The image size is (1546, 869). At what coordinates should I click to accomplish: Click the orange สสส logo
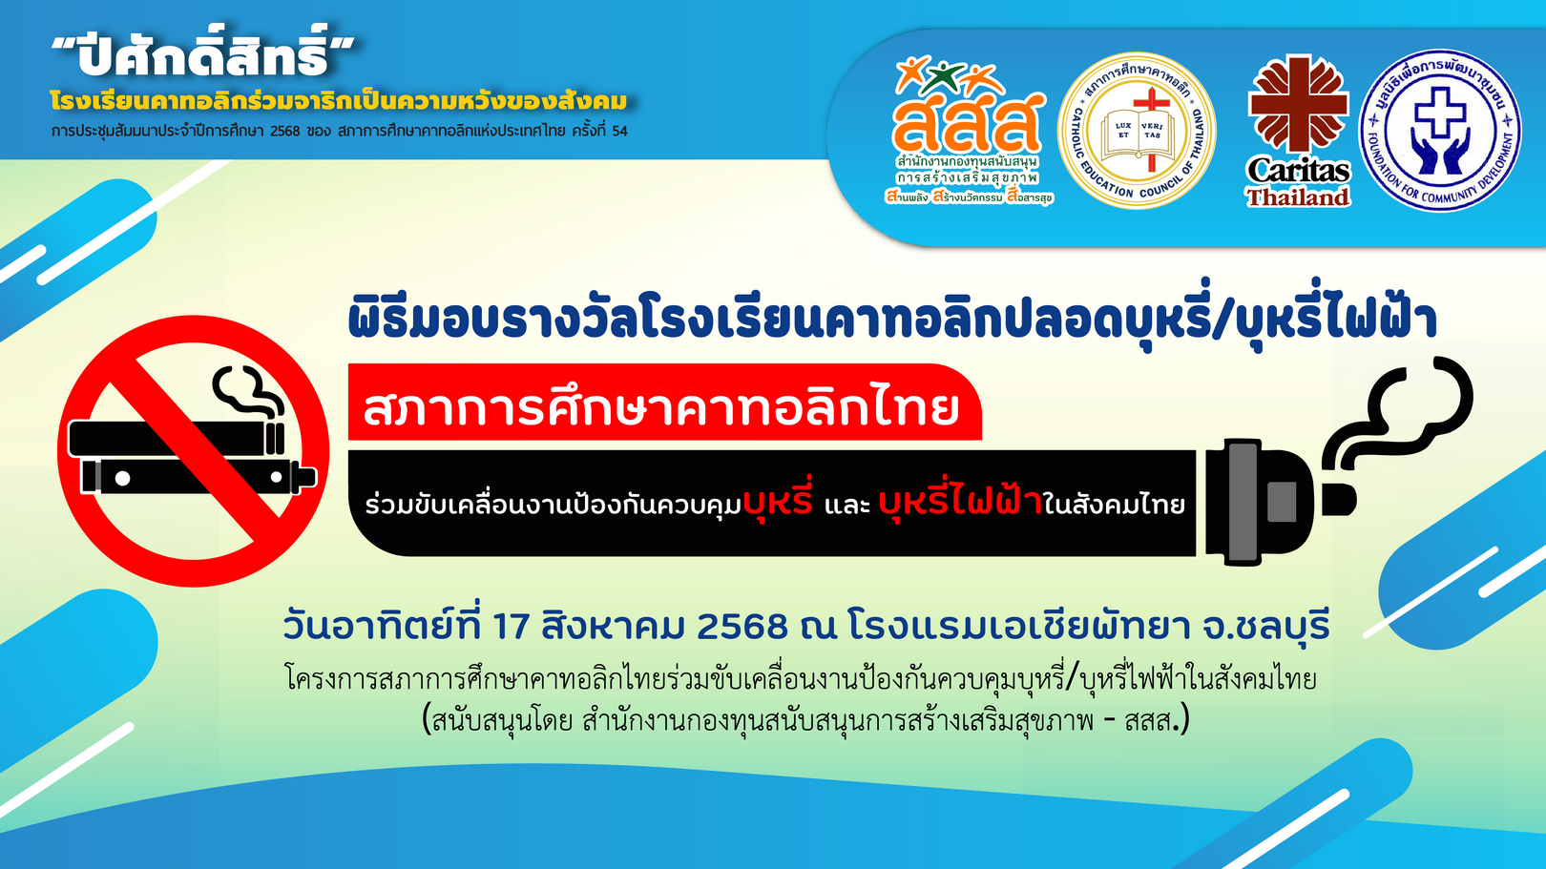click(x=969, y=131)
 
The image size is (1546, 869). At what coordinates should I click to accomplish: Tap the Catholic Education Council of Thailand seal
click(x=1137, y=131)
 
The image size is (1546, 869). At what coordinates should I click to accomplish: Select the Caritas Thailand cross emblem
click(x=1298, y=104)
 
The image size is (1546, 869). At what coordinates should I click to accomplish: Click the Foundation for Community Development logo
click(x=1440, y=130)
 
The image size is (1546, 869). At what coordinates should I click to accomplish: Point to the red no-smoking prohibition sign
click(x=193, y=451)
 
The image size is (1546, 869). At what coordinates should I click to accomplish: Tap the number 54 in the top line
click(x=619, y=131)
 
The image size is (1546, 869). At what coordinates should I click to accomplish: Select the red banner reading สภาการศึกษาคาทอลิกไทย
click(x=664, y=403)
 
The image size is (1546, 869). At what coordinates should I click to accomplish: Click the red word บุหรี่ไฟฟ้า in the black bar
click(x=960, y=502)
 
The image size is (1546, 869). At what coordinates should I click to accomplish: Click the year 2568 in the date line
click(x=742, y=626)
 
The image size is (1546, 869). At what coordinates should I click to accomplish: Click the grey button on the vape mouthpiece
click(x=1282, y=502)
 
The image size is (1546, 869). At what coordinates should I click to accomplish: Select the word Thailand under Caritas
click(x=1298, y=197)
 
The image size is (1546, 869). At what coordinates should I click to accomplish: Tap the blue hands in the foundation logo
click(x=1440, y=155)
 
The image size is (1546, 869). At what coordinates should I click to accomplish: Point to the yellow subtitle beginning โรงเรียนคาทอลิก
click(x=339, y=101)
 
